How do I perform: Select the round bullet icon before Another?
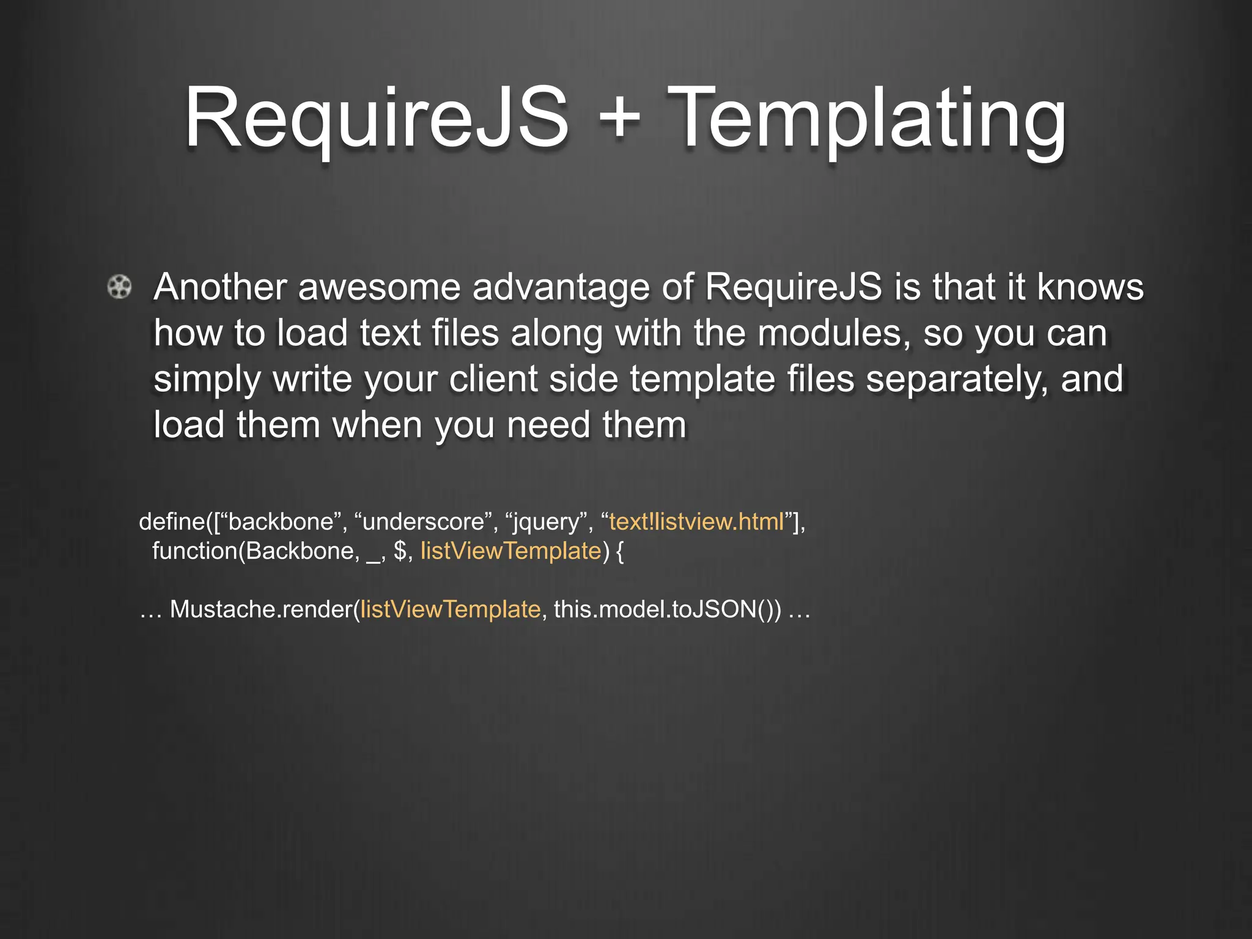[x=119, y=287]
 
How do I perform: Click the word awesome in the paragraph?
[x=379, y=287]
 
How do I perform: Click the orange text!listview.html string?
[x=697, y=522]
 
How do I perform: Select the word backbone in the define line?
[x=281, y=522]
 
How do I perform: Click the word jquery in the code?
[x=546, y=522]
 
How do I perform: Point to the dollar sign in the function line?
[x=400, y=551]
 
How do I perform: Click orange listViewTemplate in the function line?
[x=511, y=551]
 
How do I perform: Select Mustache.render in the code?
[x=261, y=609]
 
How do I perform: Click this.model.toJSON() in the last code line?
[x=667, y=609]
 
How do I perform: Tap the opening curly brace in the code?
[x=619, y=551]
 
